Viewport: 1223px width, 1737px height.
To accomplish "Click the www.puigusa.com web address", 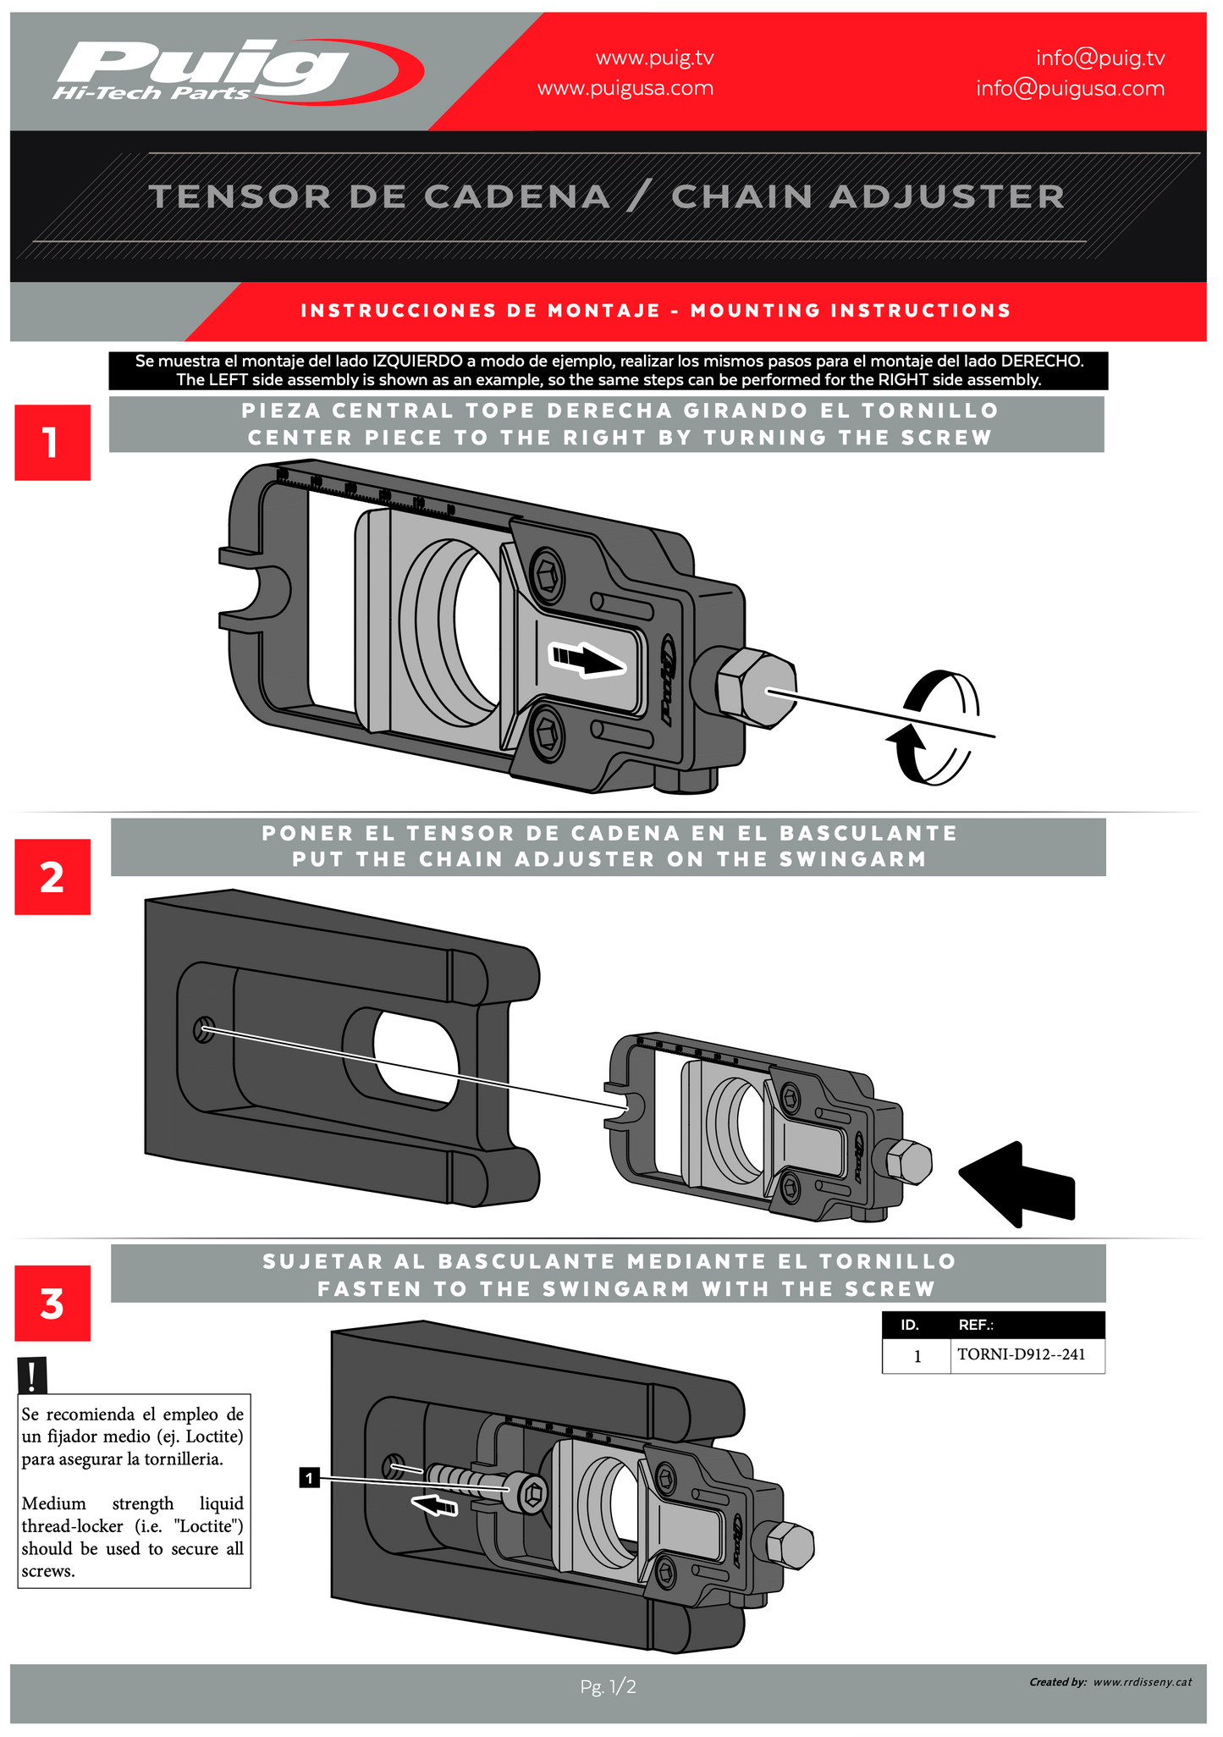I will pos(625,88).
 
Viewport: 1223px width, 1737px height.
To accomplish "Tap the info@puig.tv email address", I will pos(1100,58).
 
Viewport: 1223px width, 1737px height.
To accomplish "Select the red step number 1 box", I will pos(52,443).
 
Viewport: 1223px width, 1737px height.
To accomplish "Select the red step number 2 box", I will pos(52,877).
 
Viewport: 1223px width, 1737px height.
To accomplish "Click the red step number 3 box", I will pos(52,1304).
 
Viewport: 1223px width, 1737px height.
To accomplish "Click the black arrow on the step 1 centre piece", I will pos(589,658).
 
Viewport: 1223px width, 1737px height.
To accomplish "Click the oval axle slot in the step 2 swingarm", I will pos(415,1056).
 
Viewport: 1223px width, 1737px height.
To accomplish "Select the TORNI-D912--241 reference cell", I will pos(1021,1354).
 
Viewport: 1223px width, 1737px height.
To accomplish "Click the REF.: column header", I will pos(975,1325).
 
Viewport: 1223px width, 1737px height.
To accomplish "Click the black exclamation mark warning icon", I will pos(32,1376).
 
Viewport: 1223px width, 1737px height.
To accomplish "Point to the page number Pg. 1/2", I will pos(608,1687).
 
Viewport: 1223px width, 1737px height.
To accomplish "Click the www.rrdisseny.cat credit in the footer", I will pos(1142,1682).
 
